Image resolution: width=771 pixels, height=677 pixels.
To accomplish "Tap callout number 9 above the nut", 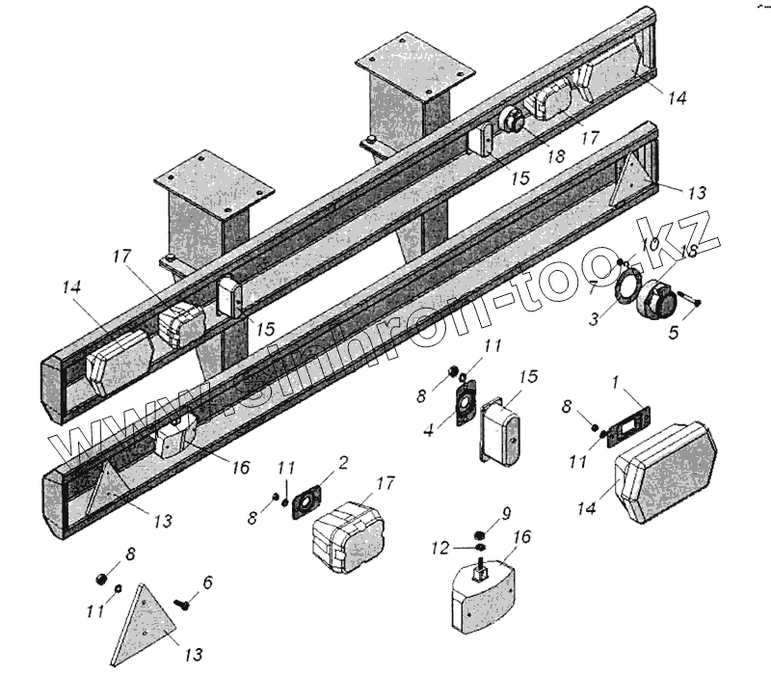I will (x=506, y=513).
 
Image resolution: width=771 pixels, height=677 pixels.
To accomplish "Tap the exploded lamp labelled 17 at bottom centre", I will (x=346, y=536).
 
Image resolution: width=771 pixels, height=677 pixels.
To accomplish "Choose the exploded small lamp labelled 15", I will (x=500, y=435).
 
